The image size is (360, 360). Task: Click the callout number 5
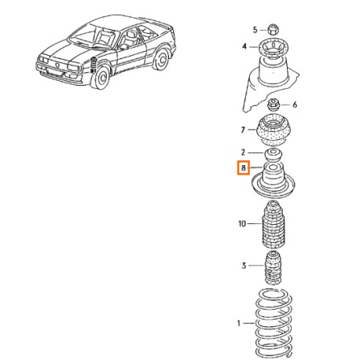255,30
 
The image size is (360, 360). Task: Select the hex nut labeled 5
273,29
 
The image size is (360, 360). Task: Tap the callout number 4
244,46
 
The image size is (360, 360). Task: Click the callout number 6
295,105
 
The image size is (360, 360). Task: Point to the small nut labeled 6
274,105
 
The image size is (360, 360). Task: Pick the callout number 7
243,130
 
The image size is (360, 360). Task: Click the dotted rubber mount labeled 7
274,130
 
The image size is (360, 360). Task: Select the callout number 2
243,152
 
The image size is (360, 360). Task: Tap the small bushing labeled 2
274,155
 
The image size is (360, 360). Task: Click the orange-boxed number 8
244,167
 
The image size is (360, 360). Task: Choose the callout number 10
242,224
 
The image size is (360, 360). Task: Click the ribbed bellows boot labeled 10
274,225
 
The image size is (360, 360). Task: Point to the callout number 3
244,266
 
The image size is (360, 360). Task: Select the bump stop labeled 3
273,268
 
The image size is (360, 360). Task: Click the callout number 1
238,323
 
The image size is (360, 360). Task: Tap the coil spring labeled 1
274,324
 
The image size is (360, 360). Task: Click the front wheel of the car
101,77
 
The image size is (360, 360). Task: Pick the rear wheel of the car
160,59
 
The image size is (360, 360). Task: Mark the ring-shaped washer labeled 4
274,48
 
